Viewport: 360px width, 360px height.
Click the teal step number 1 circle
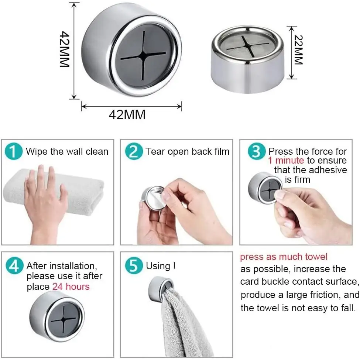tap(14, 151)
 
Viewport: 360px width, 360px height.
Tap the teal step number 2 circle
tap(134, 151)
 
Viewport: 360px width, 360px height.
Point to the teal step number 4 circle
tap(14, 265)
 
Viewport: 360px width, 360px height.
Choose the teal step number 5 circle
tap(134, 265)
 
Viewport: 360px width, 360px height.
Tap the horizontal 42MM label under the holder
tap(127, 114)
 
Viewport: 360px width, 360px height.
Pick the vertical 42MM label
tap(64, 49)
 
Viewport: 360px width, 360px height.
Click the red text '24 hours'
tap(71, 287)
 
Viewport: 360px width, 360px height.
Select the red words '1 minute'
tap(286, 160)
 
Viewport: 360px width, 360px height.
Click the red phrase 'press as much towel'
tap(284, 257)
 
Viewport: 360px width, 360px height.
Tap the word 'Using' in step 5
tap(158, 266)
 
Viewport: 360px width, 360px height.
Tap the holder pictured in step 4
tap(57, 316)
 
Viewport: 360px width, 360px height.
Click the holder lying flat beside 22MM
tap(247, 59)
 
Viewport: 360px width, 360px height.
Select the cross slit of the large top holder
tap(143, 55)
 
